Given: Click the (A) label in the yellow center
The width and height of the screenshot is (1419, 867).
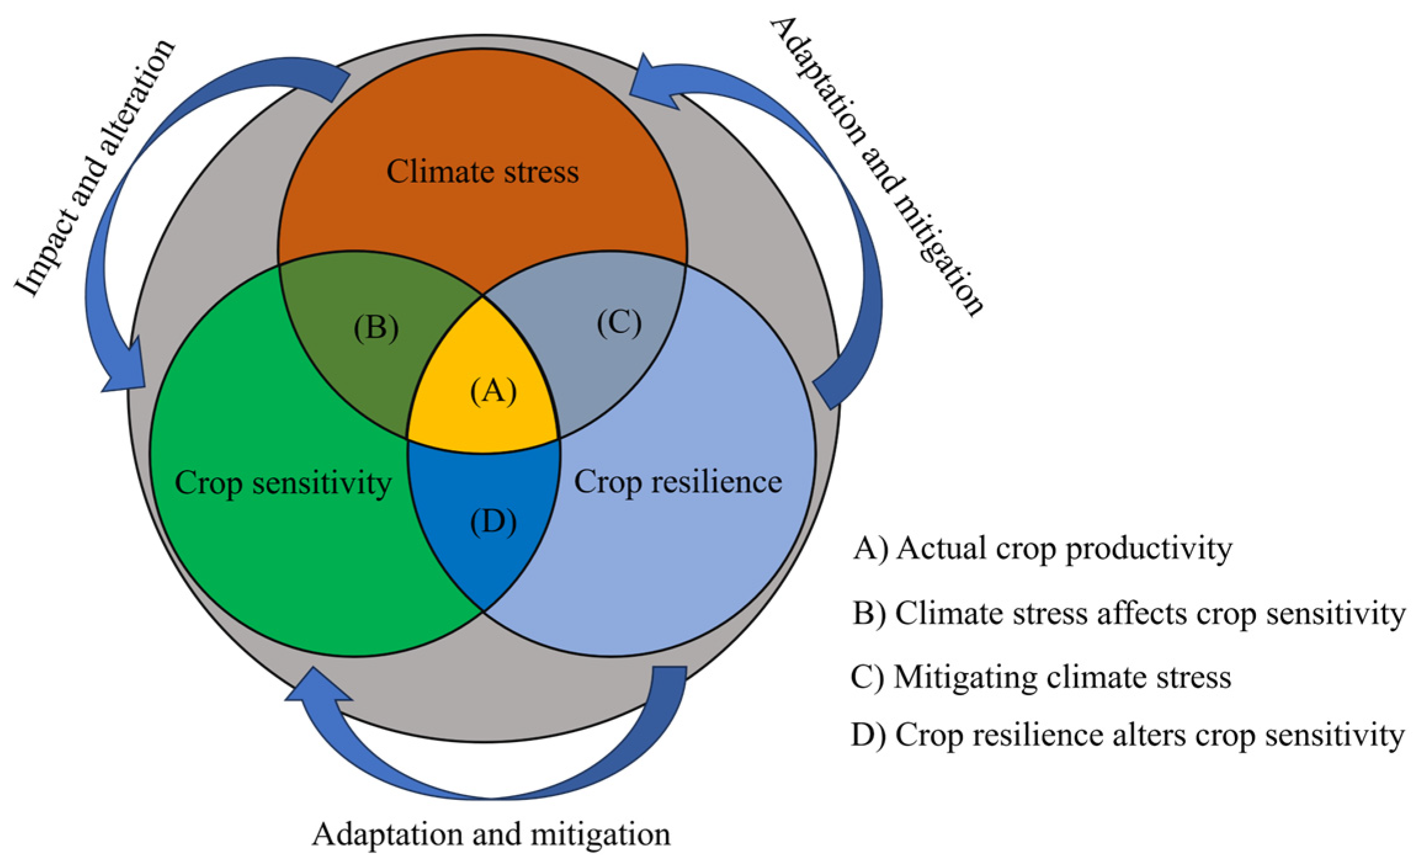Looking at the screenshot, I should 493,392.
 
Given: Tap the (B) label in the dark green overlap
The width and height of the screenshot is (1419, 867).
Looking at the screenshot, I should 376,328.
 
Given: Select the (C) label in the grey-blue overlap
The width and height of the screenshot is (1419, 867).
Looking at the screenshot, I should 619,323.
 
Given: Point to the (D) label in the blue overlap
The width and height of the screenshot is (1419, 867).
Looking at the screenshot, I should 493,522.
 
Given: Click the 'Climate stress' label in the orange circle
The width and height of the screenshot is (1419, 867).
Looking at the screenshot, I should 483,172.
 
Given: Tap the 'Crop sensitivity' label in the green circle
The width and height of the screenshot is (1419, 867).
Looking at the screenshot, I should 283,483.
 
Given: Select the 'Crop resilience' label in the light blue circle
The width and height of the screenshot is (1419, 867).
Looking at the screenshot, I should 678,482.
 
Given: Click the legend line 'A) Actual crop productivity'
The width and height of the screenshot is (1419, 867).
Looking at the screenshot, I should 1042,548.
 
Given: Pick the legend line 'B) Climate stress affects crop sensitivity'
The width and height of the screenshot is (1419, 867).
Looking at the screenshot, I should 1128,614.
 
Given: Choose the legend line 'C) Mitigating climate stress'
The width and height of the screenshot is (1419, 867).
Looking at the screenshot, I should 1040,677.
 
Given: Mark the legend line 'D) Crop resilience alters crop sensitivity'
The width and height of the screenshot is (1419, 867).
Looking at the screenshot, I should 1127,735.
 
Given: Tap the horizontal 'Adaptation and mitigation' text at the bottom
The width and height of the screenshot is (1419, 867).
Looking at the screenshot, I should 491,835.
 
